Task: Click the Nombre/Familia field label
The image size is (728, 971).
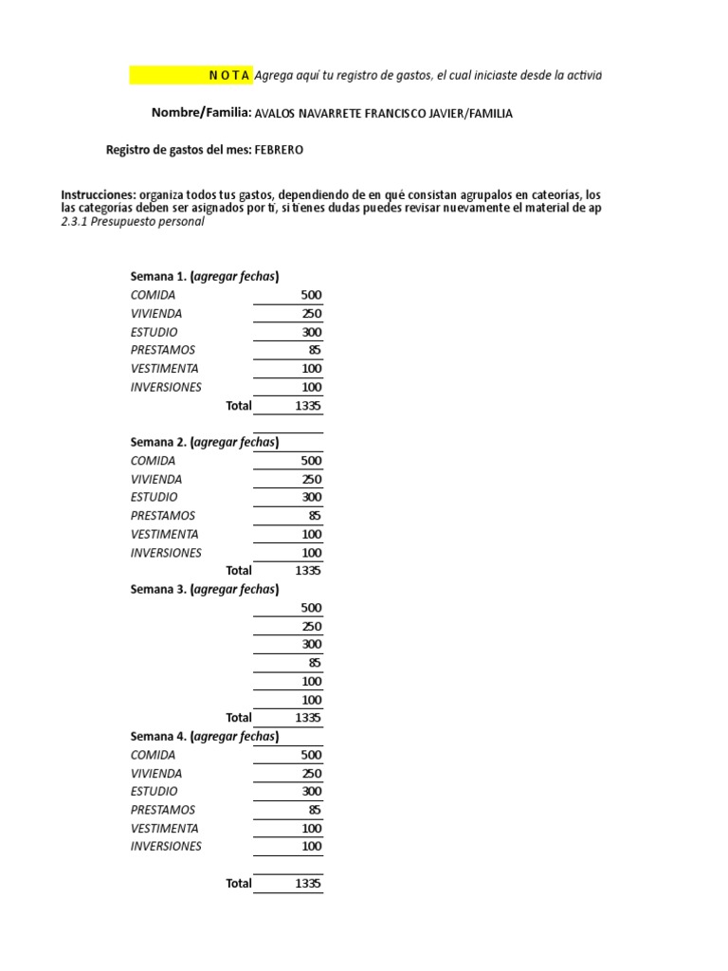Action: [x=201, y=113]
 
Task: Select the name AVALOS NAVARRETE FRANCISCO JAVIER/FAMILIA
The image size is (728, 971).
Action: [x=384, y=114]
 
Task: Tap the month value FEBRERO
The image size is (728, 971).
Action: [x=280, y=150]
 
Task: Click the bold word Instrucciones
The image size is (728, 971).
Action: [x=99, y=194]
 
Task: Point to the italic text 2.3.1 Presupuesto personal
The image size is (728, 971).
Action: [x=133, y=221]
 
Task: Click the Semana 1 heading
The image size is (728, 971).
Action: [x=205, y=277]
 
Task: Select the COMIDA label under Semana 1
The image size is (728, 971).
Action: [x=154, y=295]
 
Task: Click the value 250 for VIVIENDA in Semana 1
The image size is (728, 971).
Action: [x=311, y=314]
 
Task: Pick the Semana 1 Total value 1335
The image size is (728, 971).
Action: [x=308, y=406]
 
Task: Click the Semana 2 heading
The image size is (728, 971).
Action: [x=205, y=442]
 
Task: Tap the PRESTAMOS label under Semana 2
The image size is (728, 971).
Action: [x=163, y=516]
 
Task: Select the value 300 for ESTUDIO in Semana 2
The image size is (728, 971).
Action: [x=311, y=497]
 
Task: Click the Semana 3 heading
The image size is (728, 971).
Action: [x=205, y=589]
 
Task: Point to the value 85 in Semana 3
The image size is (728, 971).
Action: [x=315, y=663]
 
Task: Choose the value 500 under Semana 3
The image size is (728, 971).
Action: [x=311, y=608]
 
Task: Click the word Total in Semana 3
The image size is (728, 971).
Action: [x=239, y=718]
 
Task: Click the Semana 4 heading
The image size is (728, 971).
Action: [x=205, y=736]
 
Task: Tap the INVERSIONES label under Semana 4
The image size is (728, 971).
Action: [x=166, y=847]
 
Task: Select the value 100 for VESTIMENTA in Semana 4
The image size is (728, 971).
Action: [x=311, y=828]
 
